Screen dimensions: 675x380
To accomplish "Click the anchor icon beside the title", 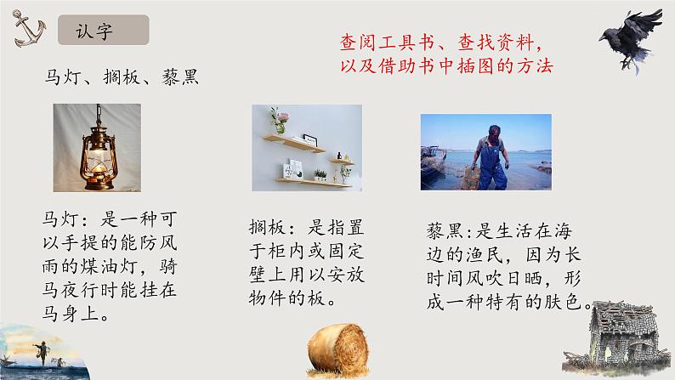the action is point(29,29).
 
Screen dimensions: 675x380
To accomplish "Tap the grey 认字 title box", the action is point(104,30).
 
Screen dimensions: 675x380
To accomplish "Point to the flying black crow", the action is point(631,40).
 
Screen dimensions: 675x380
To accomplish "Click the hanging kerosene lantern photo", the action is point(97,148).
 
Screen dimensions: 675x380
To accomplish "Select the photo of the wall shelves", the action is point(307,148).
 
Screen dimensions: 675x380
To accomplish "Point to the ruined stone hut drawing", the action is point(616,337).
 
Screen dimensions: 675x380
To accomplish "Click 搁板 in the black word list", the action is point(122,77).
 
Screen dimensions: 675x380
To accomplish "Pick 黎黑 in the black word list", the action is point(180,77).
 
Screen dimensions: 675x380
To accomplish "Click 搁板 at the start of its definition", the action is point(267,227).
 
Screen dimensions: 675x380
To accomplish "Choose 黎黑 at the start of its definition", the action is point(445,231).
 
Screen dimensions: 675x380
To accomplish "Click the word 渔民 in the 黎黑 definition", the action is point(485,255).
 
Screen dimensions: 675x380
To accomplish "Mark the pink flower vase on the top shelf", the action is point(279,121).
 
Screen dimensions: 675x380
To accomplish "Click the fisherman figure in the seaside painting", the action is point(43,352).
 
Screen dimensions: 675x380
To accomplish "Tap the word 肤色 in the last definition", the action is point(563,302).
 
